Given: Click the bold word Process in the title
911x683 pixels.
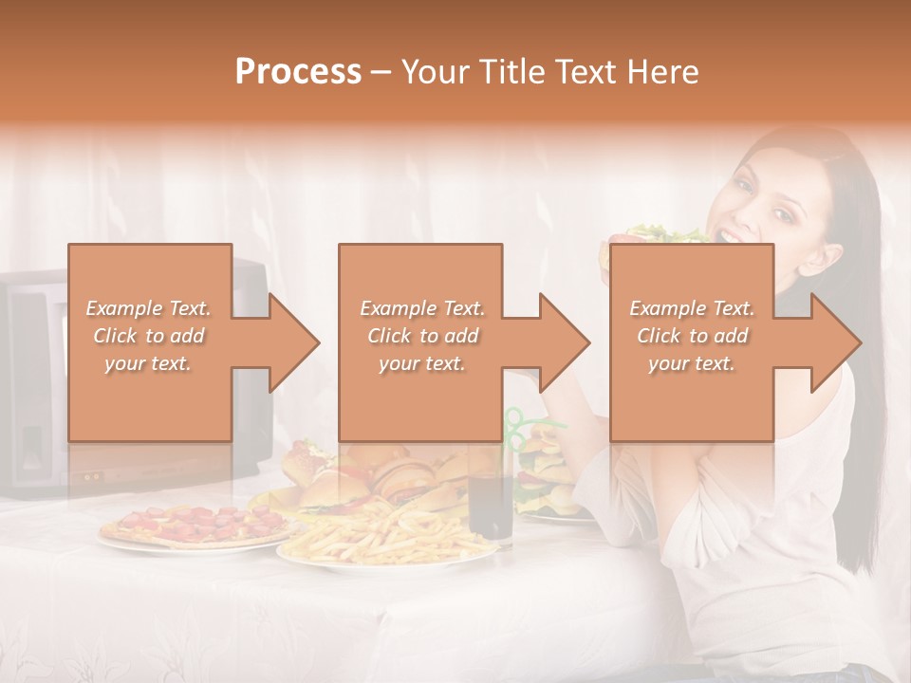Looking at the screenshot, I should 298,71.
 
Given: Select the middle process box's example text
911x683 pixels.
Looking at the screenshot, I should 421,336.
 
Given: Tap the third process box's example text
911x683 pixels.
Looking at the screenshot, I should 691,336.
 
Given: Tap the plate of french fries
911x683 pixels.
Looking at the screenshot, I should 380,536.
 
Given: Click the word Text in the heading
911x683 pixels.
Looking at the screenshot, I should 588,71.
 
